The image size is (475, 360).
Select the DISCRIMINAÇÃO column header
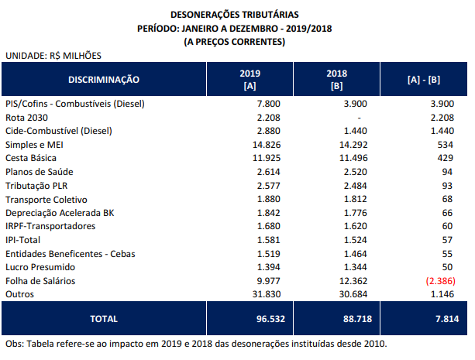click(104, 79)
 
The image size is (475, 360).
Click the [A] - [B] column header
click(425, 79)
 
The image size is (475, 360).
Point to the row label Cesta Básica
click(30, 158)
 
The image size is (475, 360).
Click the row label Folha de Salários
click(38, 281)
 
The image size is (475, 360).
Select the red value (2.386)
click(438, 281)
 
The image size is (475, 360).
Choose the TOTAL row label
click(104, 318)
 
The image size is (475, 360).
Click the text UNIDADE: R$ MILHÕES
click(53, 55)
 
